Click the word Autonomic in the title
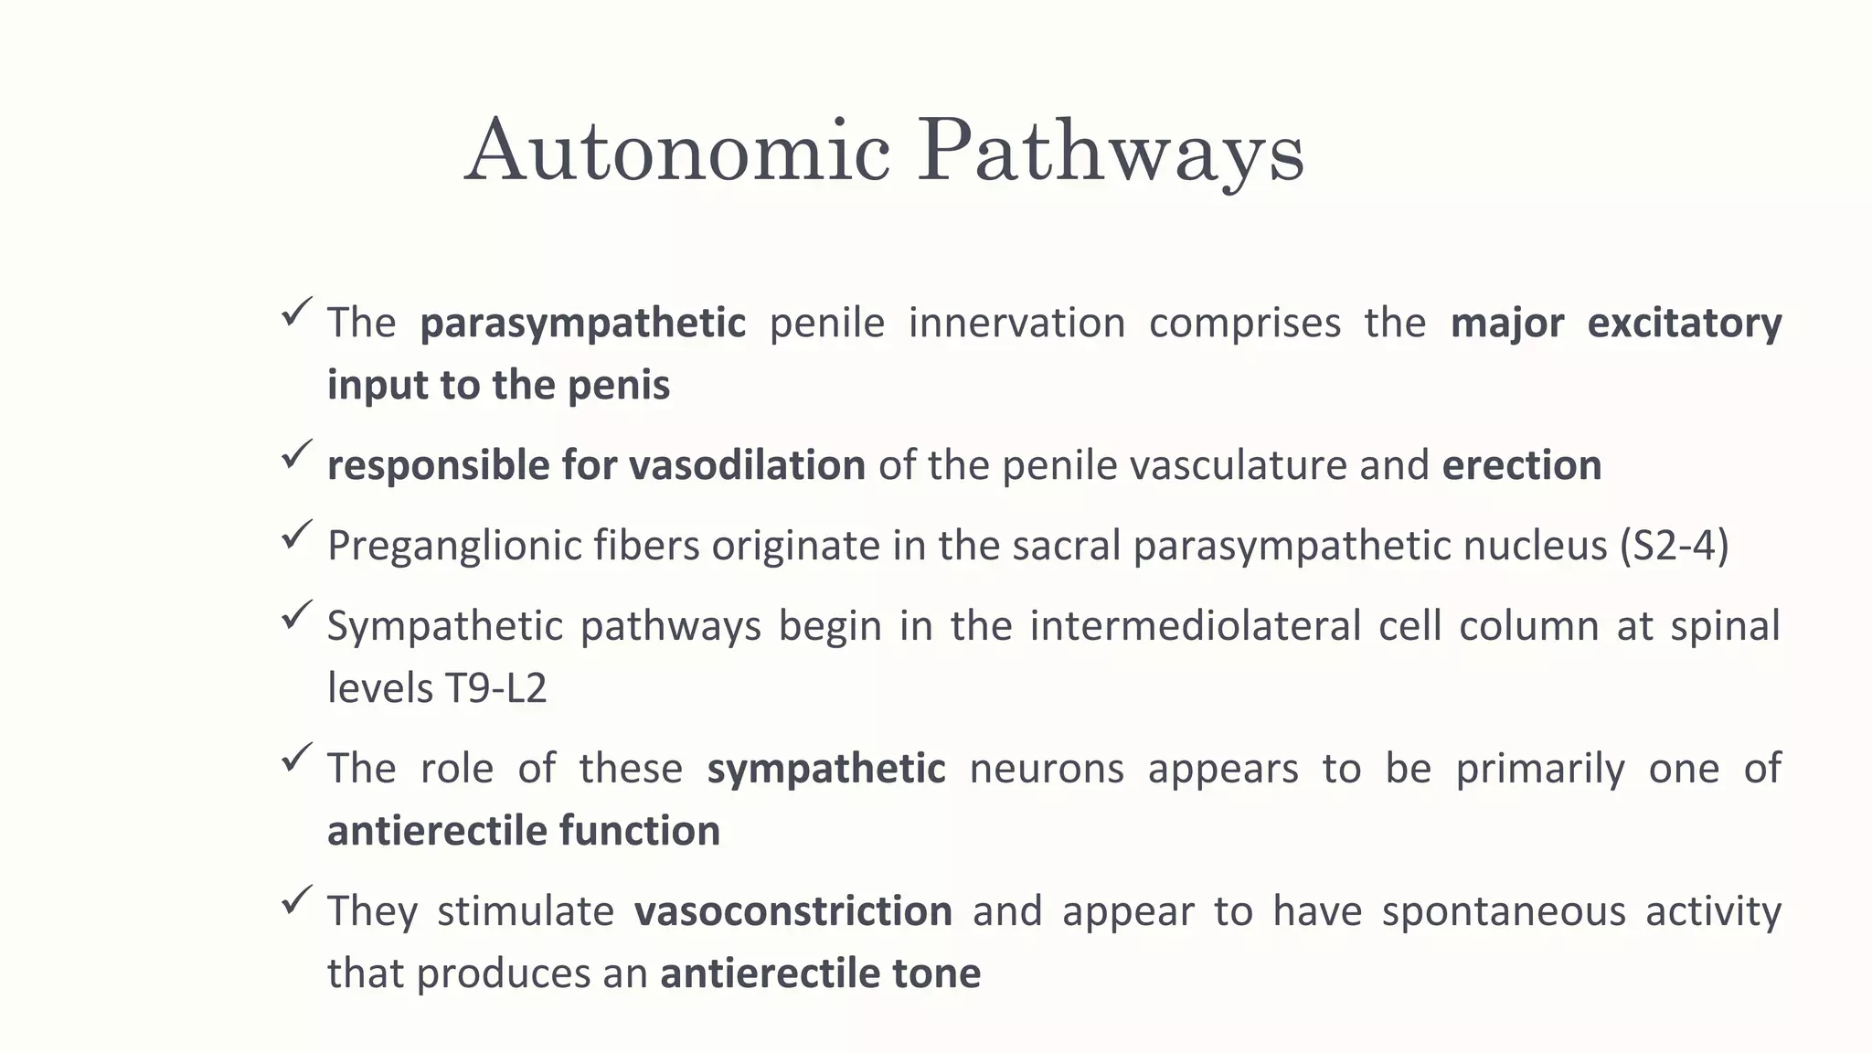coord(677,151)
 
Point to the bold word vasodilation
coord(747,465)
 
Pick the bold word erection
coord(1521,465)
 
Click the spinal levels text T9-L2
coord(495,688)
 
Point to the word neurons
coord(1046,769)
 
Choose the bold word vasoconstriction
coord(793,911)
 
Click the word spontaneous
coord(1504,912)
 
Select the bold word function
coord(639,831)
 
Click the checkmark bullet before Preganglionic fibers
coord(297,535)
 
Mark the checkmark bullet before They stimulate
coord(297,899)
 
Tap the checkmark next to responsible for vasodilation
coord(297,454)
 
